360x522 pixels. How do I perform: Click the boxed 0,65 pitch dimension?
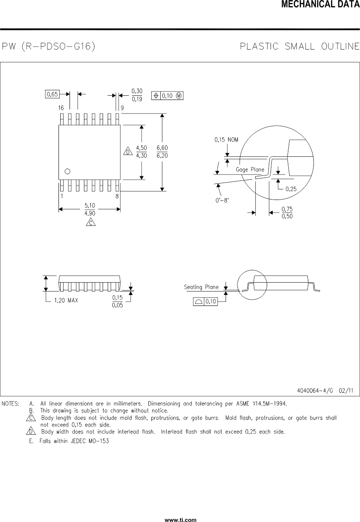pos(53,94)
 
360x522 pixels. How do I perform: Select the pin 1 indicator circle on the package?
pos(67,171)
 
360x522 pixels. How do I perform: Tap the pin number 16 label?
pos(61,108)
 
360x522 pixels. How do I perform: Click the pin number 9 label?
pos(122,108)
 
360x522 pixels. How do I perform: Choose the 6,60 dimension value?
pos(162,148)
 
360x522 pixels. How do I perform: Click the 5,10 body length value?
pos(89,205)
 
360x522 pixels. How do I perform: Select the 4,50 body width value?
pos(141,148)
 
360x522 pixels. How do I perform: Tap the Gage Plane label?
pos(250,169)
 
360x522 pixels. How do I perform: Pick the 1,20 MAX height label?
pos(66,300)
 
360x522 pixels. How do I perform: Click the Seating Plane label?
pos(201,287)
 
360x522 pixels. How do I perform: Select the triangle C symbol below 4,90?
pos(90,222)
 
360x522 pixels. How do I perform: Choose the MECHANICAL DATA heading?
pos(320,5)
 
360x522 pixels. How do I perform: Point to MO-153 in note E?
pos(100,441)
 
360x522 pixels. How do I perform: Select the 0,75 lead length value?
pos(287,209)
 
